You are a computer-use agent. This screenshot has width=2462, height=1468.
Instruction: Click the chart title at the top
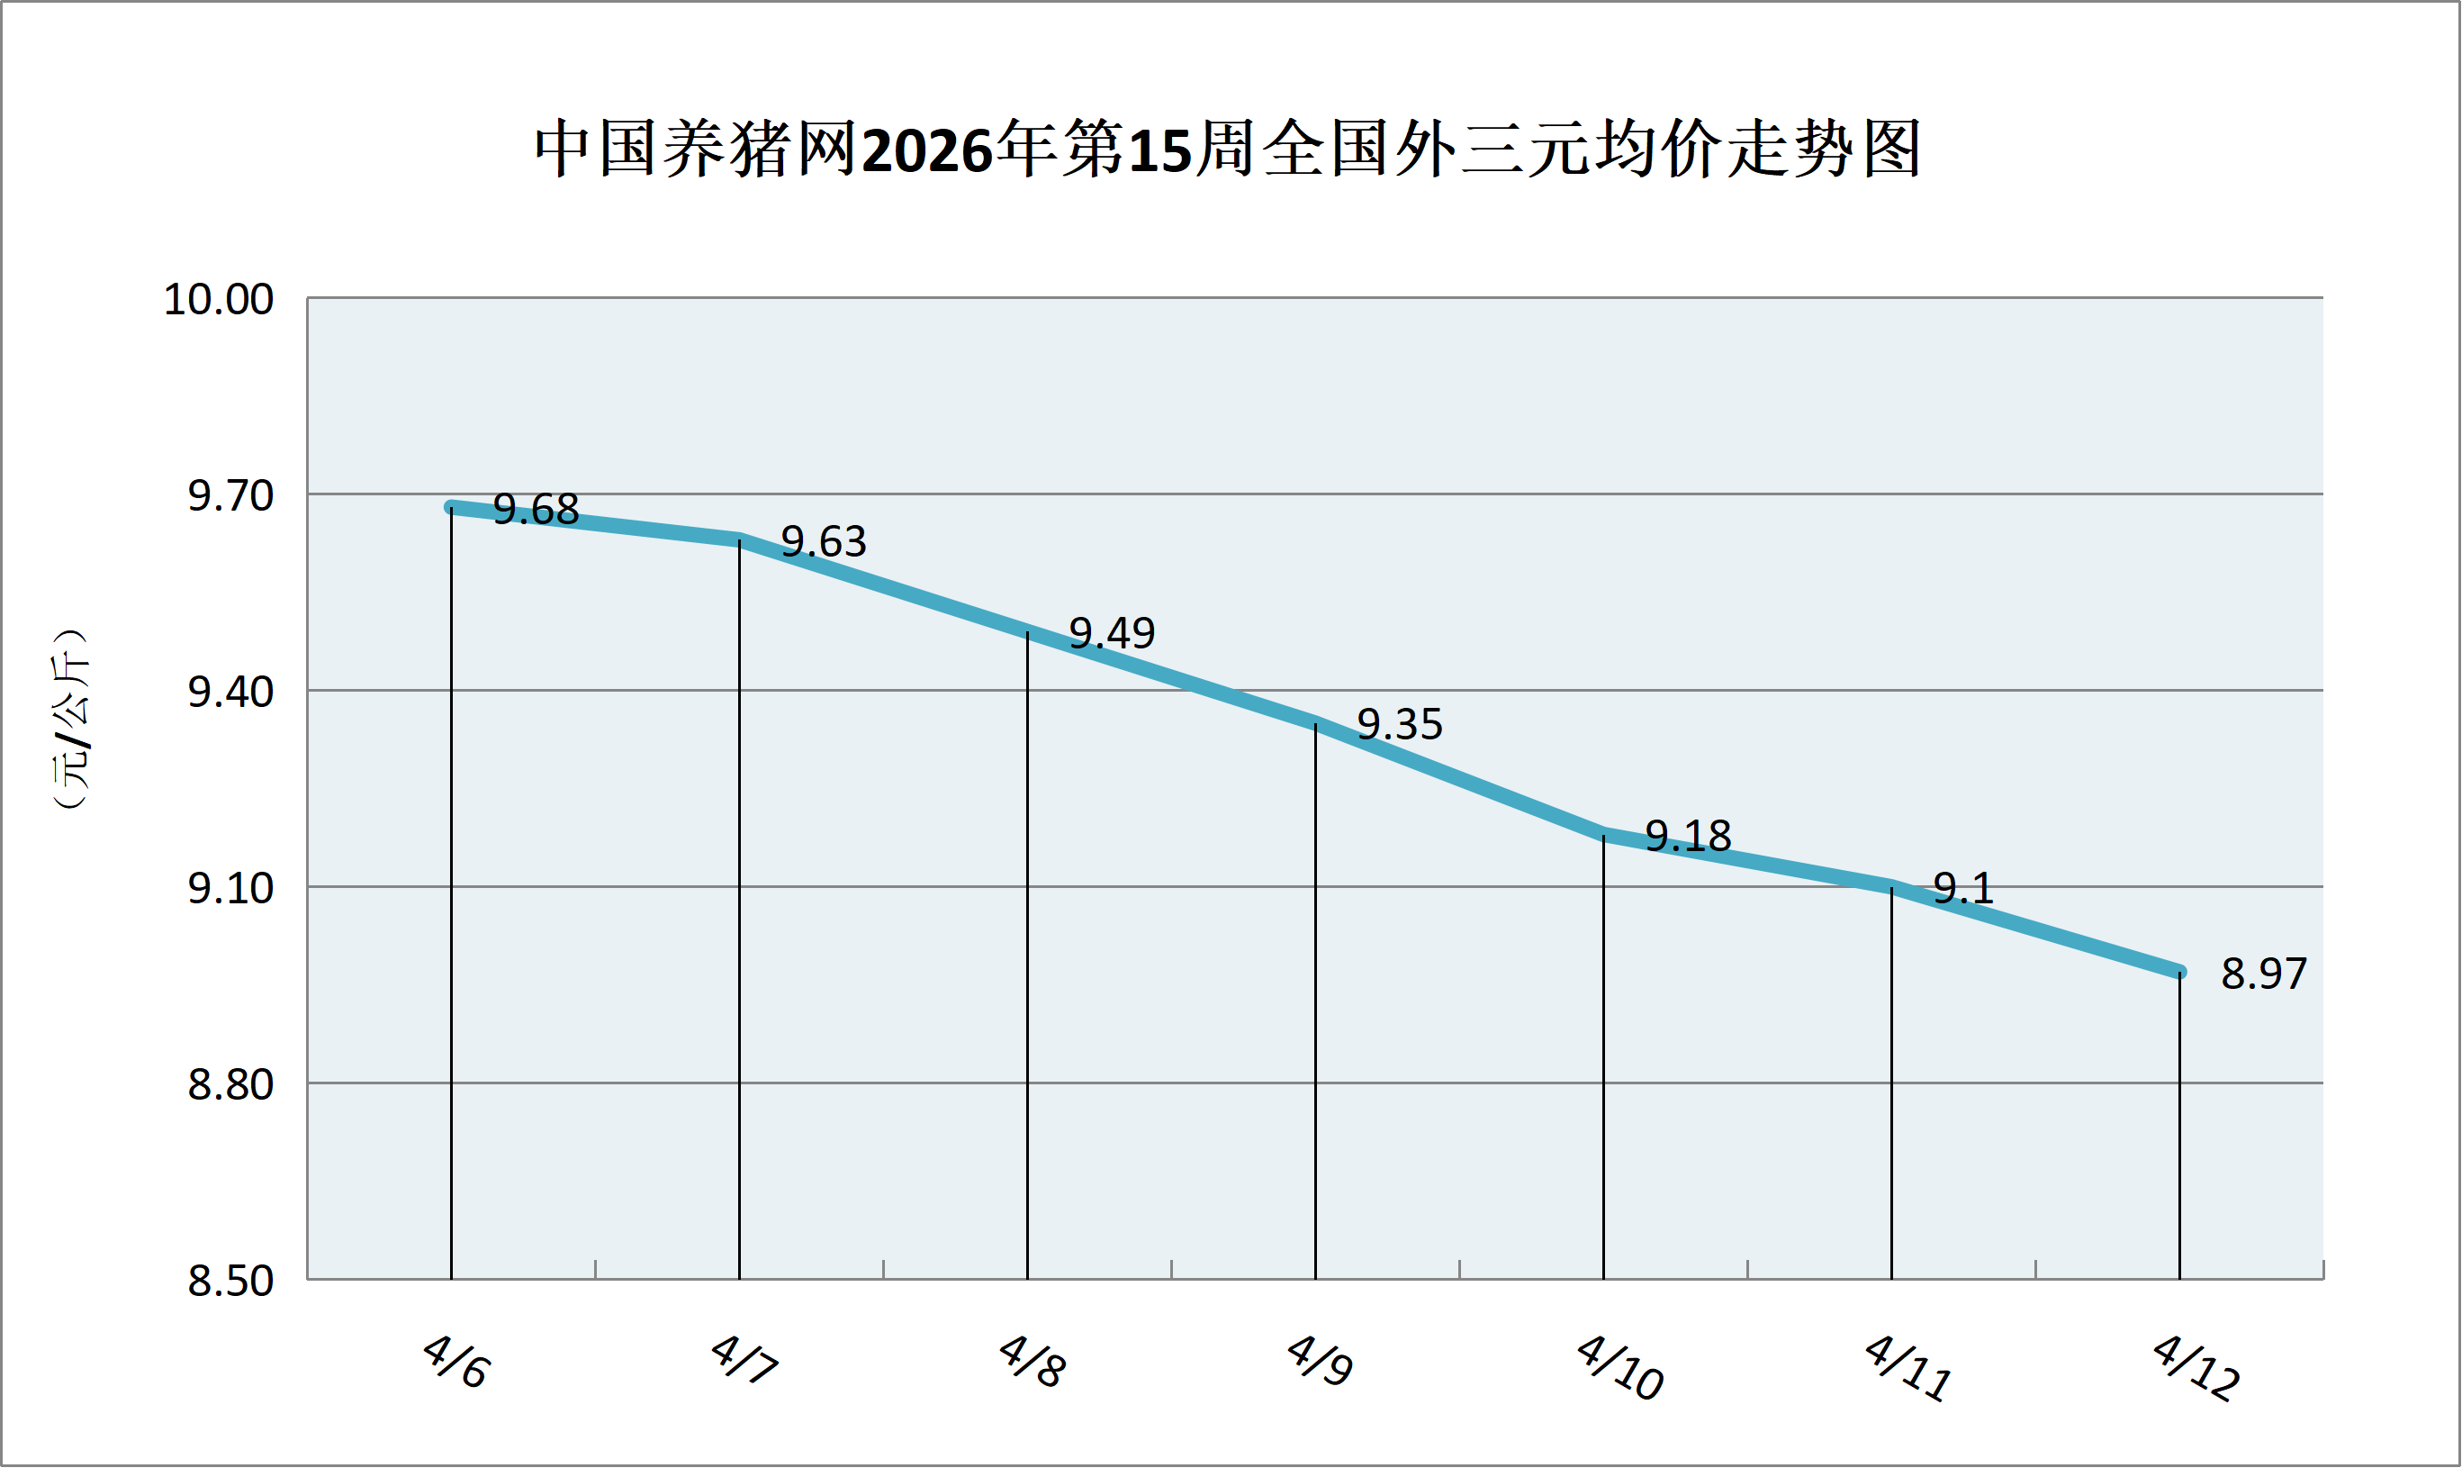tap(1227, 150)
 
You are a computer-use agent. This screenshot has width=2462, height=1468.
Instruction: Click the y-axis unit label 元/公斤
tap(71, 720)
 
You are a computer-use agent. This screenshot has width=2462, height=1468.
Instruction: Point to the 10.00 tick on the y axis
tap(218, 299)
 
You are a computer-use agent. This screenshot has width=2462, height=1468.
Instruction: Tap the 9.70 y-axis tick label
tap(230, 495)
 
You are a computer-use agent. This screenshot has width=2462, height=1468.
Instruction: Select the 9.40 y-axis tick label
tap(230, 692)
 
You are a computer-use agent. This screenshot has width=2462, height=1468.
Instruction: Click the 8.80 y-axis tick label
tap(230, 1085)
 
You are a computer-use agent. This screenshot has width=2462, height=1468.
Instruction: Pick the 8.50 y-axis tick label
tap(230, 1281)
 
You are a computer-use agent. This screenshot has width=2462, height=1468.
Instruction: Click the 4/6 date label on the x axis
tap(455, 1361)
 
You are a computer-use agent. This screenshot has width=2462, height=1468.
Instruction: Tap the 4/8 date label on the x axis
tap(1032, 1361)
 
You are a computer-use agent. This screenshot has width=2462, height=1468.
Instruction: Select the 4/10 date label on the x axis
tap(1619, 1367)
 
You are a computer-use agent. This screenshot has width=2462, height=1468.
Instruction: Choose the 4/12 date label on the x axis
tap(2196, 1367)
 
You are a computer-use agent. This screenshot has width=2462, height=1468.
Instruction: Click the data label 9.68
tap(535, 510)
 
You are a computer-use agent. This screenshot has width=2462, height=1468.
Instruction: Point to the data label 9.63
tap(823, 542)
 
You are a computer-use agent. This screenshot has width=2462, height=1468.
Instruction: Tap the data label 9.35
tap(1399, 725)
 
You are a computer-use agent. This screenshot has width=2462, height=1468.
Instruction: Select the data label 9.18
tap(1688, 837)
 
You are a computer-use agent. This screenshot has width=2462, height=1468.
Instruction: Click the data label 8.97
tap(2263, 974)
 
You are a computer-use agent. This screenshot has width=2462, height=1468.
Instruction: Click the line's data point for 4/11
tap(1891, 886)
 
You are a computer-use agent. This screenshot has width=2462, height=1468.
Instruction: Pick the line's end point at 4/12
tap(2179, 973)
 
